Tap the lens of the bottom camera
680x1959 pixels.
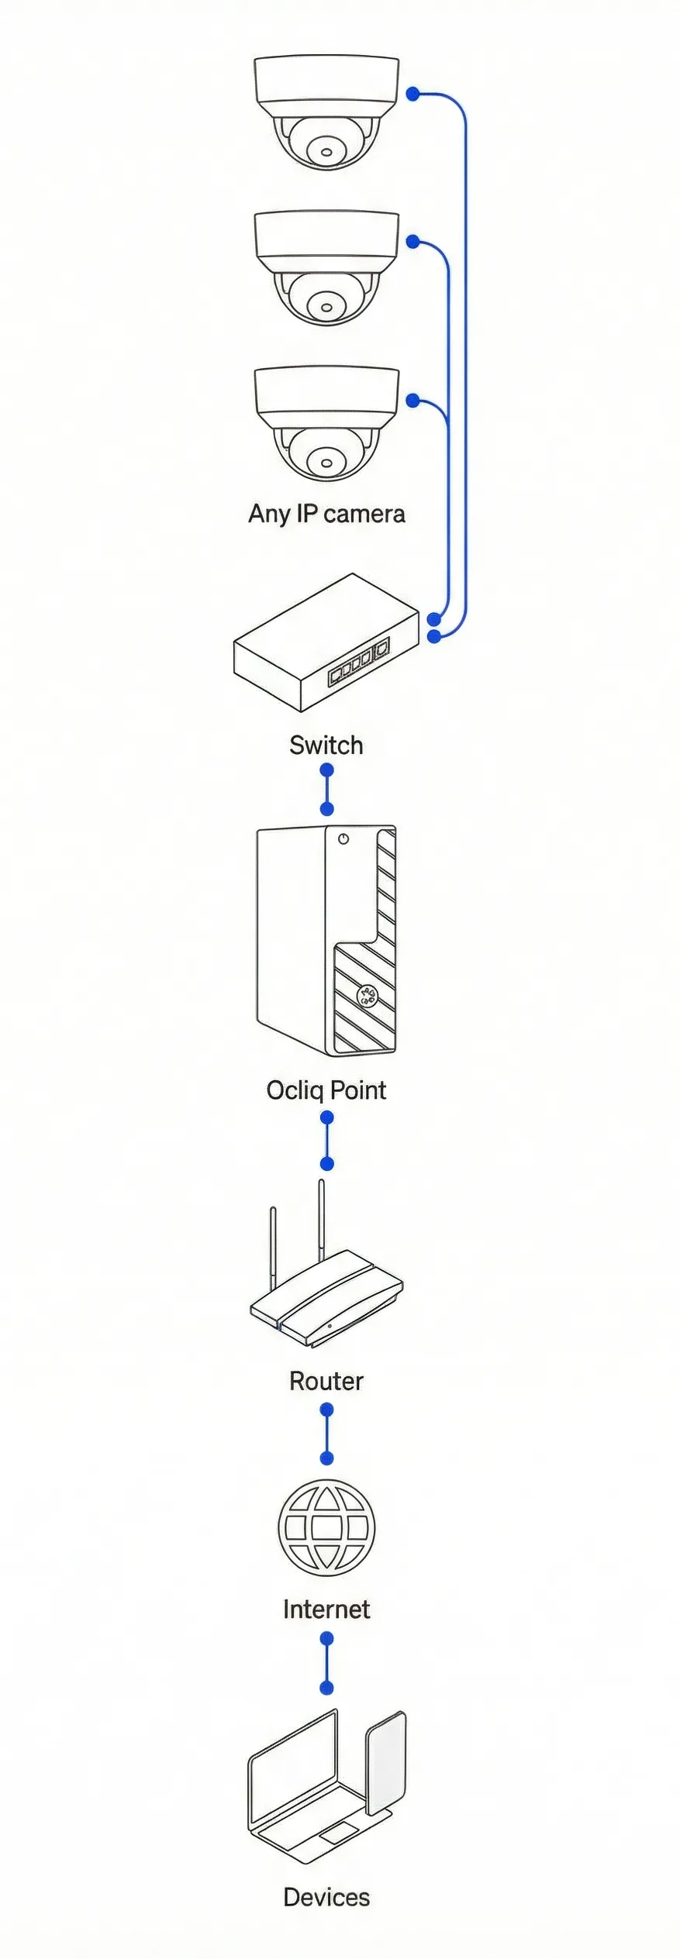pos(326,463)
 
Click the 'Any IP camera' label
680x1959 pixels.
pos(326,514)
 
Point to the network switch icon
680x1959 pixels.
pos(326,643)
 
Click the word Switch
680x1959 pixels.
pos(326,745)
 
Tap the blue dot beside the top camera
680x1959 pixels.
pos(413,94)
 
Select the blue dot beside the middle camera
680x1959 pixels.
pos(413,242)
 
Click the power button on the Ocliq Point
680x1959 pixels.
pos(343,838)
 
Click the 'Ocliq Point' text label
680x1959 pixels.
pos(326,1090)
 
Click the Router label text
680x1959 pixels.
pos(326,1381)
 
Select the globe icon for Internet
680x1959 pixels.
pos(326,1527)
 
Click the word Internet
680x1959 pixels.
pos(326,1610)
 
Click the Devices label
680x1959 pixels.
pos(326,1897)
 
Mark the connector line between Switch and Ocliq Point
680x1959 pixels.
pos(327,790)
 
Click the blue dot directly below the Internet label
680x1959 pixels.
pos(327,1639)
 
